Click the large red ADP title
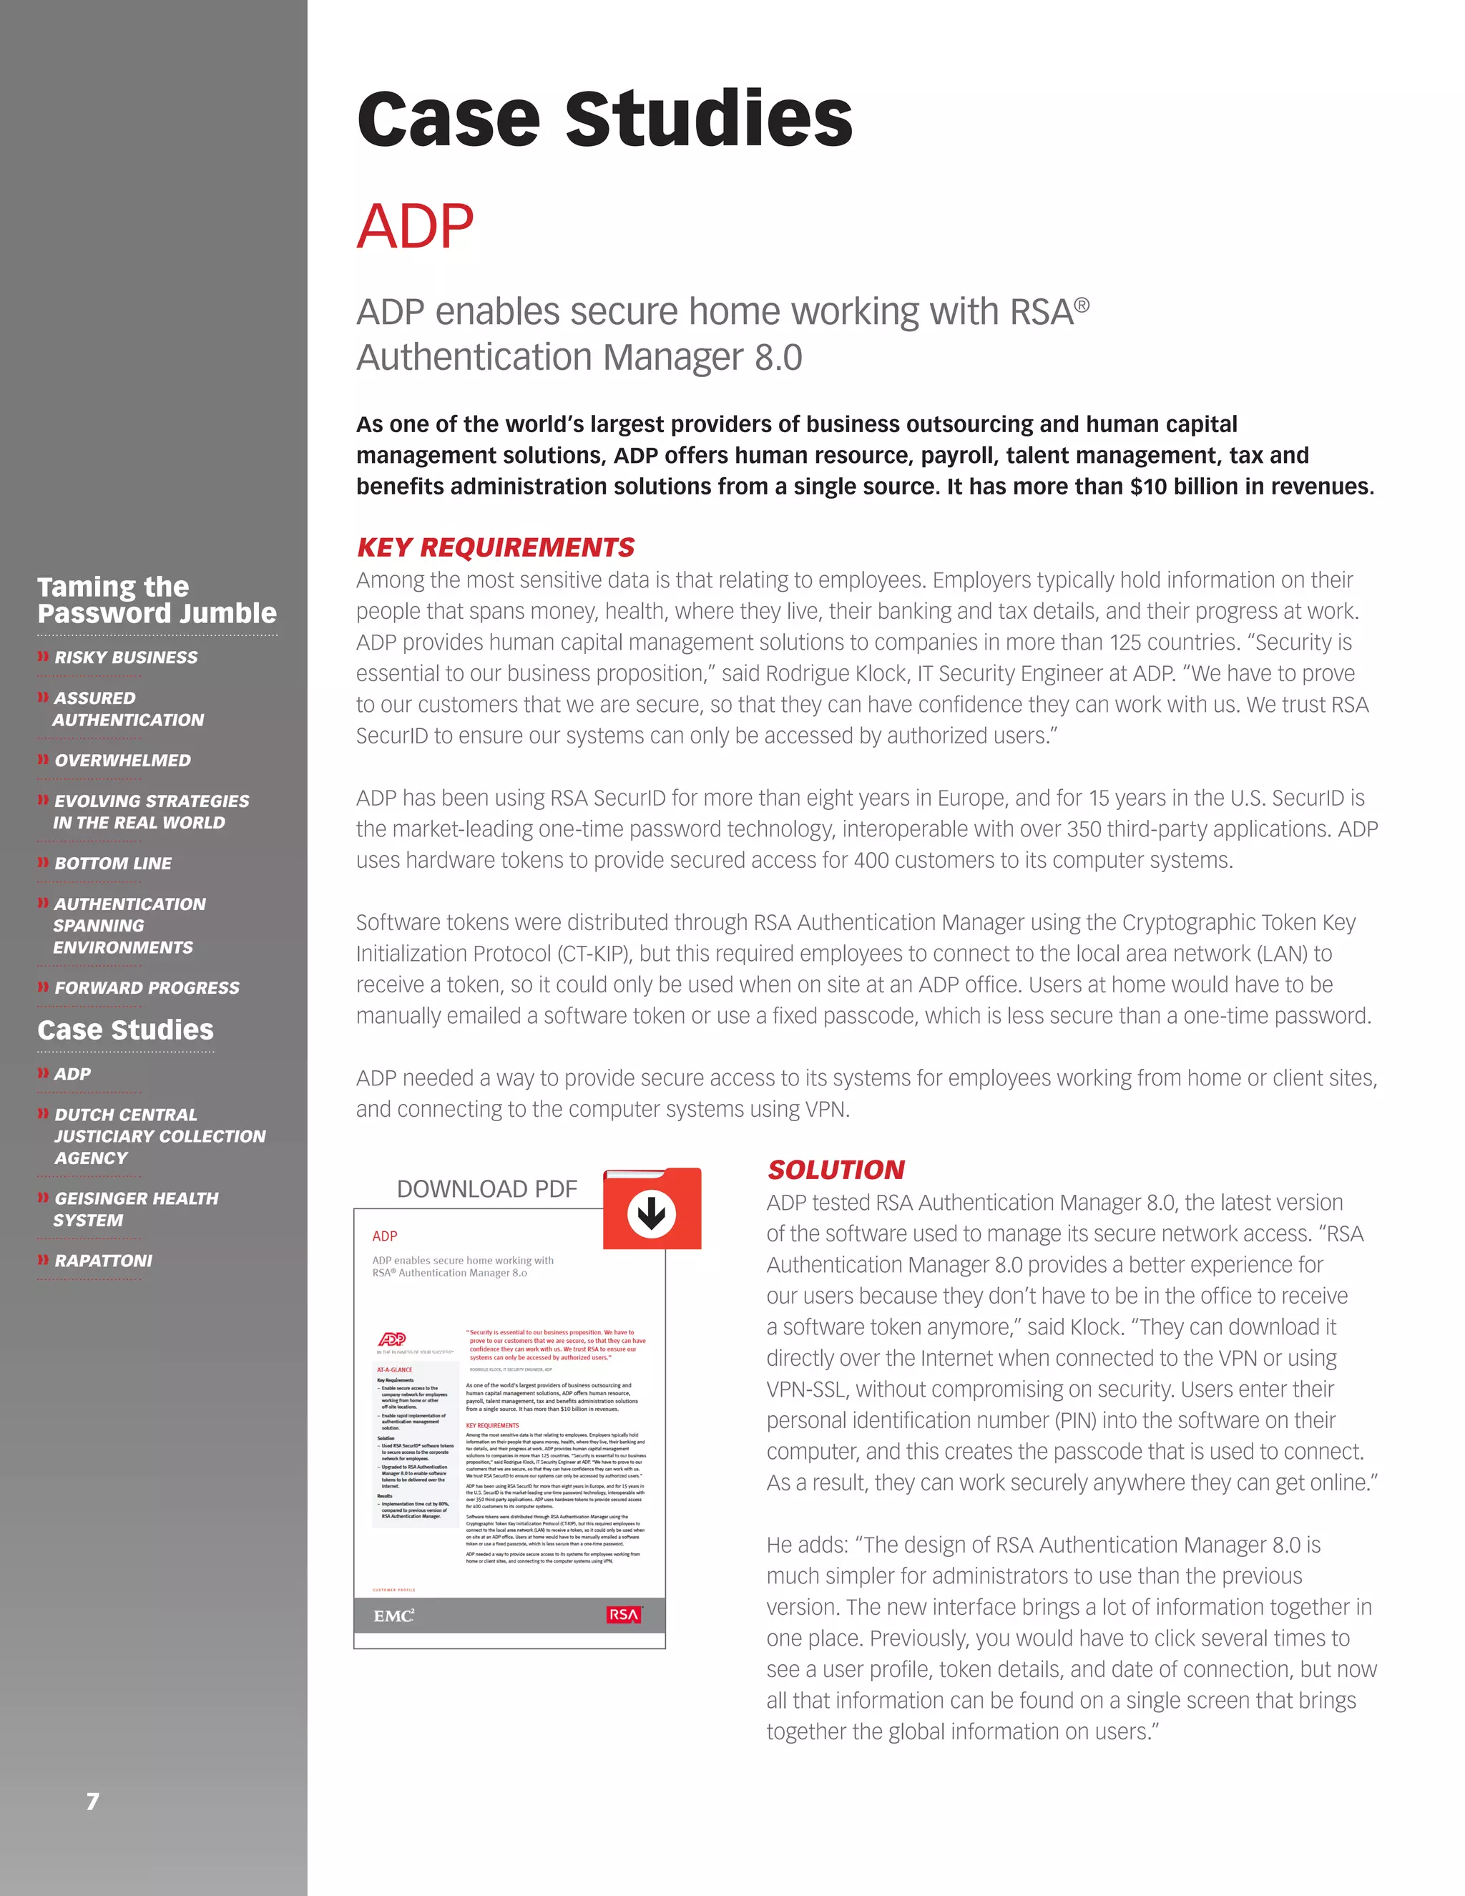(415, 227)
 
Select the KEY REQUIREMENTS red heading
(496, 548)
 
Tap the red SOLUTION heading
(836, 1171)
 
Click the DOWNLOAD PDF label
(487, 1189)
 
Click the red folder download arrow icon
(652, 1213)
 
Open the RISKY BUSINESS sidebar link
(126, 658)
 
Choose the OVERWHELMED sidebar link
(122, 761)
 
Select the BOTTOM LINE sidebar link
(113, 864)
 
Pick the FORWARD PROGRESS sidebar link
(147, 988)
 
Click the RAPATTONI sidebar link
(103, 1261)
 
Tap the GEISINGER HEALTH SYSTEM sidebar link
(135, 1209)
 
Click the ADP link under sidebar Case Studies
(72, 1075)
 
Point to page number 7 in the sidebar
(92, 1802)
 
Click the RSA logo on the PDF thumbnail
(623, 1615)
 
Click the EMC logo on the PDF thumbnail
(393, 1616)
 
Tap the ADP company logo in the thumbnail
(392, 1339)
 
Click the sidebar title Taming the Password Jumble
(156, 600)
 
